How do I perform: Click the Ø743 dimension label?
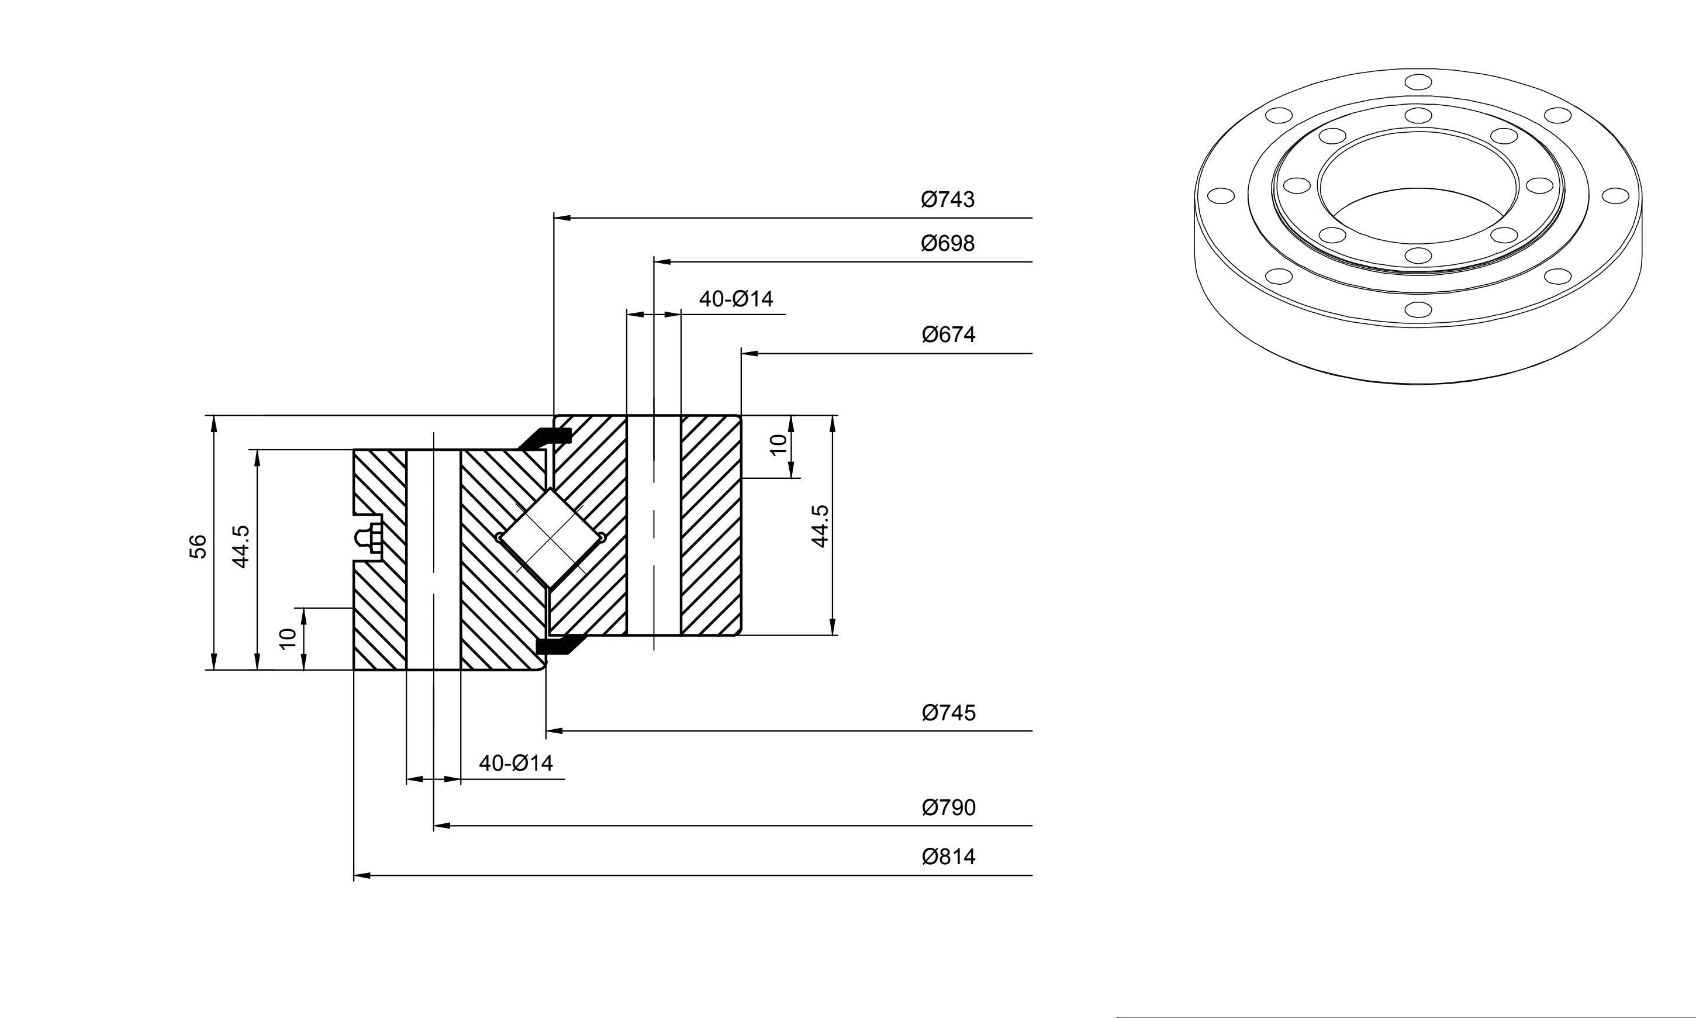coord(947,199)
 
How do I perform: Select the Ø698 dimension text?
coord(947,243)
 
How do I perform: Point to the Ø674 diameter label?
coord(948,334)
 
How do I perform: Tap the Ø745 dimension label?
coord(948,713)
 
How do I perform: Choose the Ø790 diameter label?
coord(948,808)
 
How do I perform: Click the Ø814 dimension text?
coord(948,857)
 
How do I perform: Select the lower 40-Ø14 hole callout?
coord(516,763)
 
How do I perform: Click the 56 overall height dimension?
coord(198,546)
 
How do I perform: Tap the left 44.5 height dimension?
coord(241,546)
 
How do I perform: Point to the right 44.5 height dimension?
coord(820,526)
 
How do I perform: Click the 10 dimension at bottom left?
coord(288,639)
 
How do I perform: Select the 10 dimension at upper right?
coord(777,445)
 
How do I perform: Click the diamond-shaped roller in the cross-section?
coord(551,538)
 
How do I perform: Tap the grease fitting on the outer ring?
coord(369,539)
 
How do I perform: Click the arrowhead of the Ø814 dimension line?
coord(362,875)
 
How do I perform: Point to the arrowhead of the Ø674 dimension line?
coord(749,353)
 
